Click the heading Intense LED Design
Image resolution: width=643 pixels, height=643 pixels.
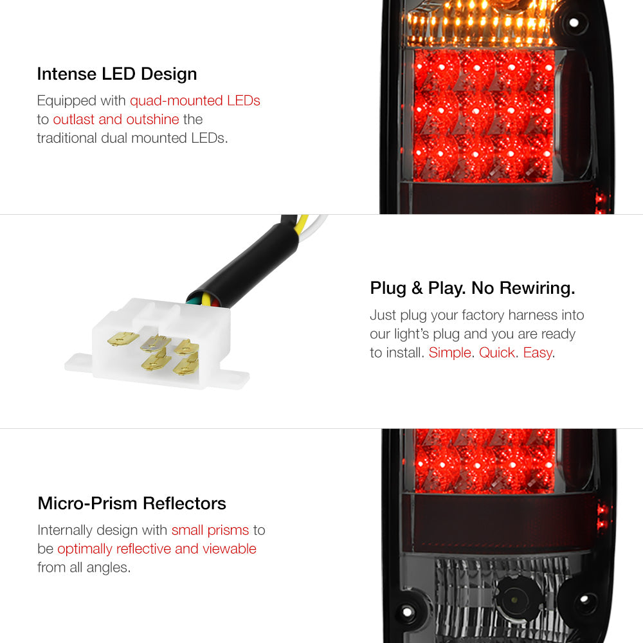117,74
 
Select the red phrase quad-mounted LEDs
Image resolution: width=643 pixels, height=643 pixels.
195,100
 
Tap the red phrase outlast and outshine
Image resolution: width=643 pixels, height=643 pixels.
116,120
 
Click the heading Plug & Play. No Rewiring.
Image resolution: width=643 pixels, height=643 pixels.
473,288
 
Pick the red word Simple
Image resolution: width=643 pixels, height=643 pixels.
450,352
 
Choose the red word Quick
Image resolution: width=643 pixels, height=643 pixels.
496,352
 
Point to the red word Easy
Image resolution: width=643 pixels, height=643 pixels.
538,352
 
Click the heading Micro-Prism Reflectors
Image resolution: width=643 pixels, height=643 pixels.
132,503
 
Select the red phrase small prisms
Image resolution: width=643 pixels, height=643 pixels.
210,530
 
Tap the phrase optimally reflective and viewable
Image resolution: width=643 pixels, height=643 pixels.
157,548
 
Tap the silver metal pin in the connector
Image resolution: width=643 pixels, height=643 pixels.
155,343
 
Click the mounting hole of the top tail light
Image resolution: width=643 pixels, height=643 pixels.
574,22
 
